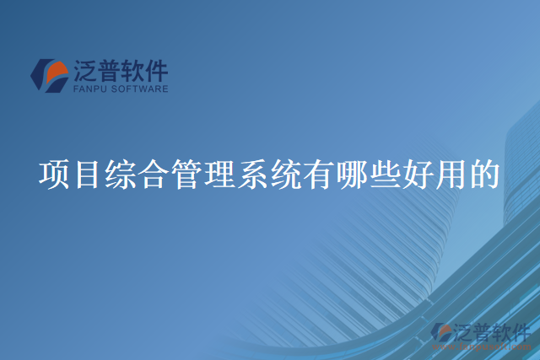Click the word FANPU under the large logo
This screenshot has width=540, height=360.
[90, 88]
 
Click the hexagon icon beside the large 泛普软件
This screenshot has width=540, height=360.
[50, 74]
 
